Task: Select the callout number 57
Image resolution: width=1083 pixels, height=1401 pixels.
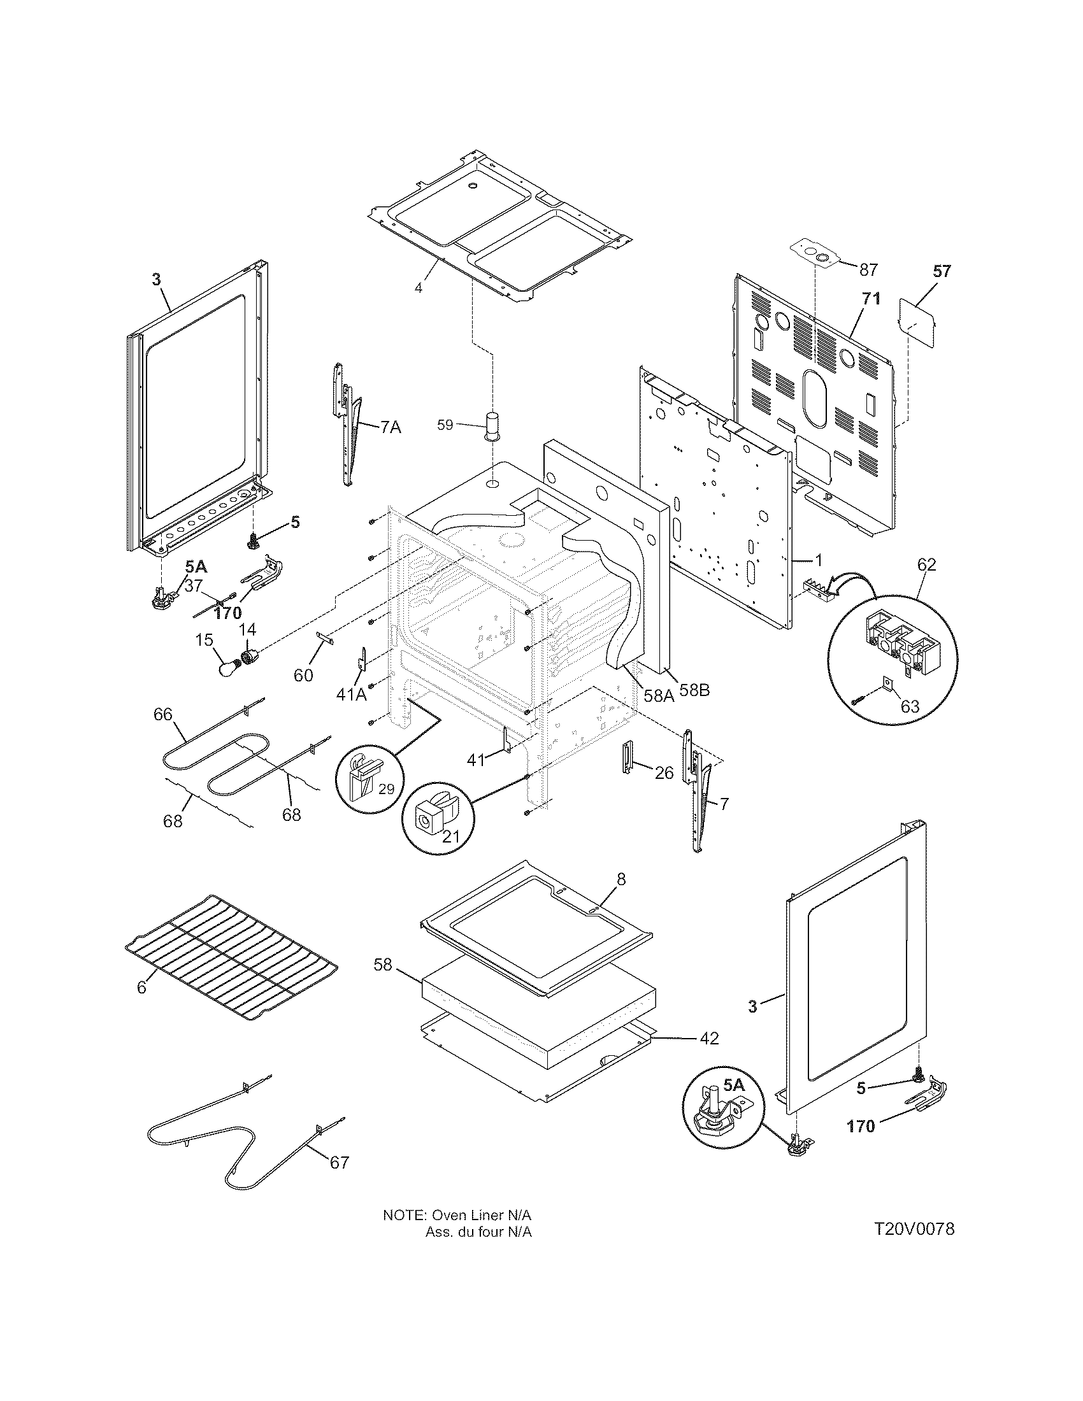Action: (x=942, y=271)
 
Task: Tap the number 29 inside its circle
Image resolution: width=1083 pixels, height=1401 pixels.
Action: (x=386, y=790)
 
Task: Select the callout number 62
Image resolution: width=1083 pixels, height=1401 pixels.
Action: (x=926, y=564)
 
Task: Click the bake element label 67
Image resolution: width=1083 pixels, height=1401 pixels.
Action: (x=340, y=1162)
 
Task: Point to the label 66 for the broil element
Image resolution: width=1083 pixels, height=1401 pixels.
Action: (x=163, y=714)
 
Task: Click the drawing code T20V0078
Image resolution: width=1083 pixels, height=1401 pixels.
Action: (x=914, y=1230)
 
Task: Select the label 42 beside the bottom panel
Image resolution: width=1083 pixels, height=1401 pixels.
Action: (x=709, y=1038)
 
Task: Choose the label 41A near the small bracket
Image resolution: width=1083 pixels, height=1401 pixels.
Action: (x=352, y=694)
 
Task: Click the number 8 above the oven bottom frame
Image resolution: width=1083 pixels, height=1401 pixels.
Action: (x=620, y=879)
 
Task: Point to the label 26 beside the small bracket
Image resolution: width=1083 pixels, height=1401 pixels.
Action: (x=664, y=773)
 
